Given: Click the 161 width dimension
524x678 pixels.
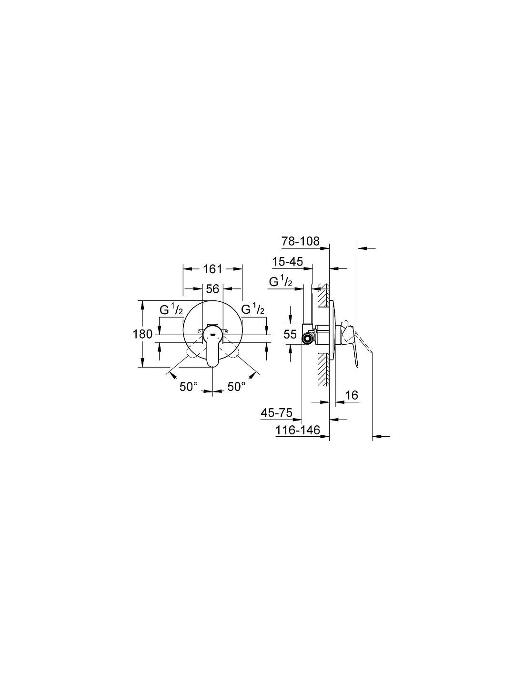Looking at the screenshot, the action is point(212,269).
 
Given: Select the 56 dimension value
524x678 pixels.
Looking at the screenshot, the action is point(212,289).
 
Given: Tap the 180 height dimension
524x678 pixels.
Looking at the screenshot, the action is point(142,335).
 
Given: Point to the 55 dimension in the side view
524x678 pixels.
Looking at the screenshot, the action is point(290,335).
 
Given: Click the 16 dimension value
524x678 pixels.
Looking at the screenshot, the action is point(352,396).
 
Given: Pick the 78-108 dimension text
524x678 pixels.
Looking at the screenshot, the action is point(301,241).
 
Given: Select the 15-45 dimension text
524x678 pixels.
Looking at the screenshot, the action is point(287,262).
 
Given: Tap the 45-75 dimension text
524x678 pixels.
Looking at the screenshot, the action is point(276,413).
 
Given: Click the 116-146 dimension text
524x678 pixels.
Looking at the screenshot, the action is point(298,431).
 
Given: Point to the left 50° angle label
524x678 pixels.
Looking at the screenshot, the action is point(189,387).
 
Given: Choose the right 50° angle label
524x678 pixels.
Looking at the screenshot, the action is point(236,387).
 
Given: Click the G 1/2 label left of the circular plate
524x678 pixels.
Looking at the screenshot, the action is point(171,309).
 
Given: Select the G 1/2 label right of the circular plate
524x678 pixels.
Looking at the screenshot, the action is point(253,309).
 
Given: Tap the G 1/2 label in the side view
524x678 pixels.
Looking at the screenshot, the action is point(281,282).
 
